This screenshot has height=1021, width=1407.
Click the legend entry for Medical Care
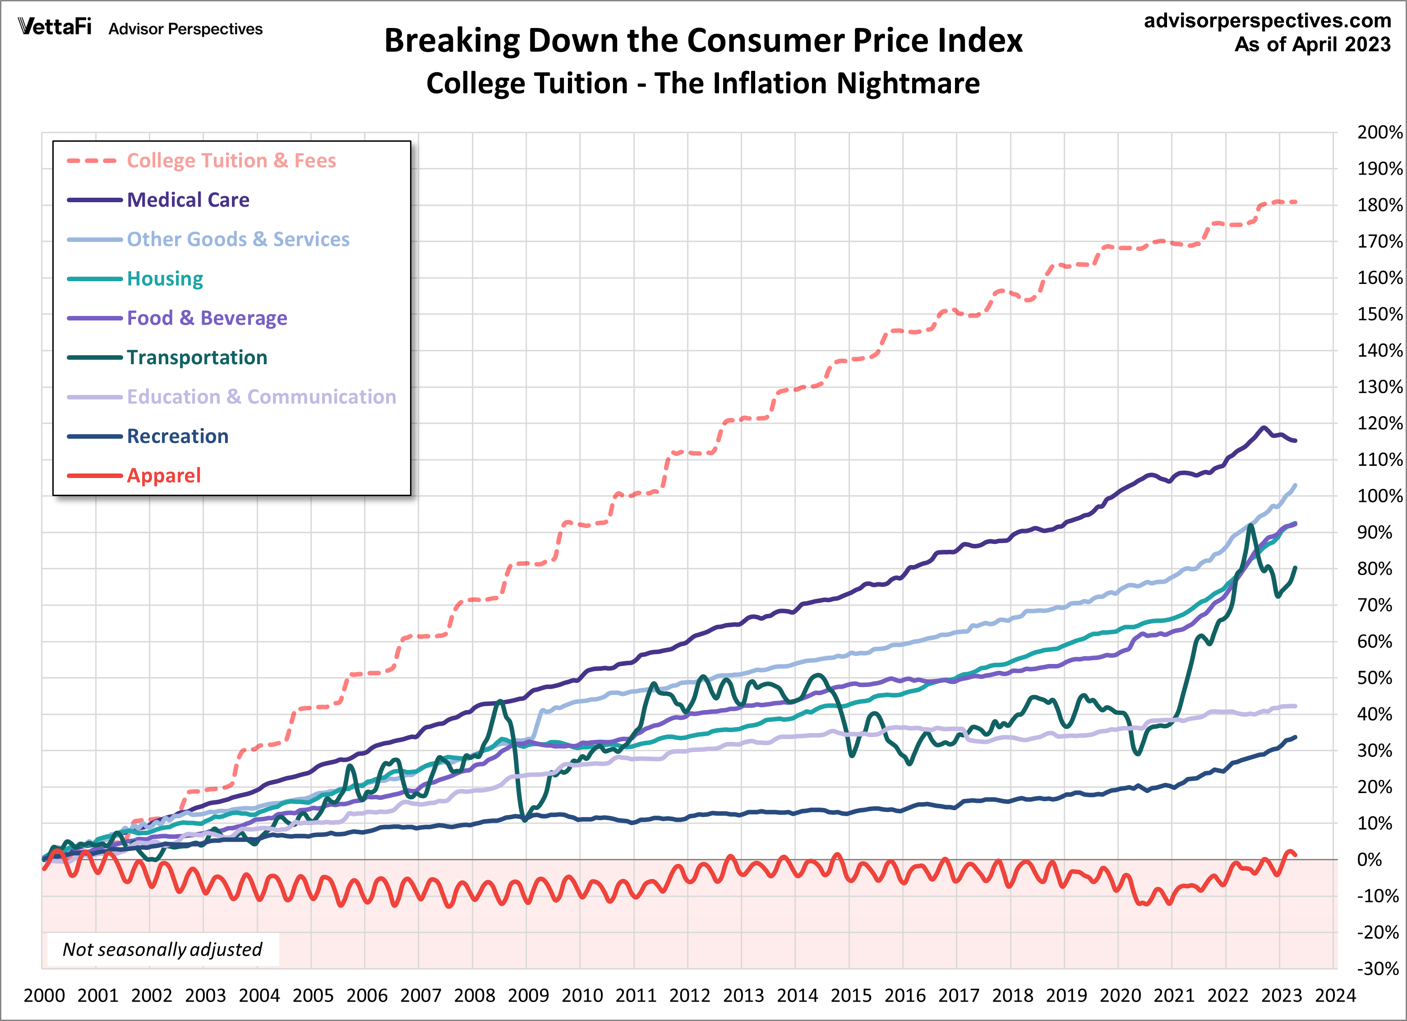point(188,200)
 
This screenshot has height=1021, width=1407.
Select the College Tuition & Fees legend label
point(231,161)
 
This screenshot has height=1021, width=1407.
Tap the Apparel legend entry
point(164,475)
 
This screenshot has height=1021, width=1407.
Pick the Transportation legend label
point(197,357)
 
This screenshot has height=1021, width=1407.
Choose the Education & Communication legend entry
point(261,397)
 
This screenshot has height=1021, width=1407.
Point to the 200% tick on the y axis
point(1379,132)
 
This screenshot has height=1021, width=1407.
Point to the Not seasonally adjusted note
point(162,949)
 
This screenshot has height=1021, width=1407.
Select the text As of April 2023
point(1312,45)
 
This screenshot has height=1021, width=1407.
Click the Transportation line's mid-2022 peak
point(1250,526)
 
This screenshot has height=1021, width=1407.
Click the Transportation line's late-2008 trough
point(525,820)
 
